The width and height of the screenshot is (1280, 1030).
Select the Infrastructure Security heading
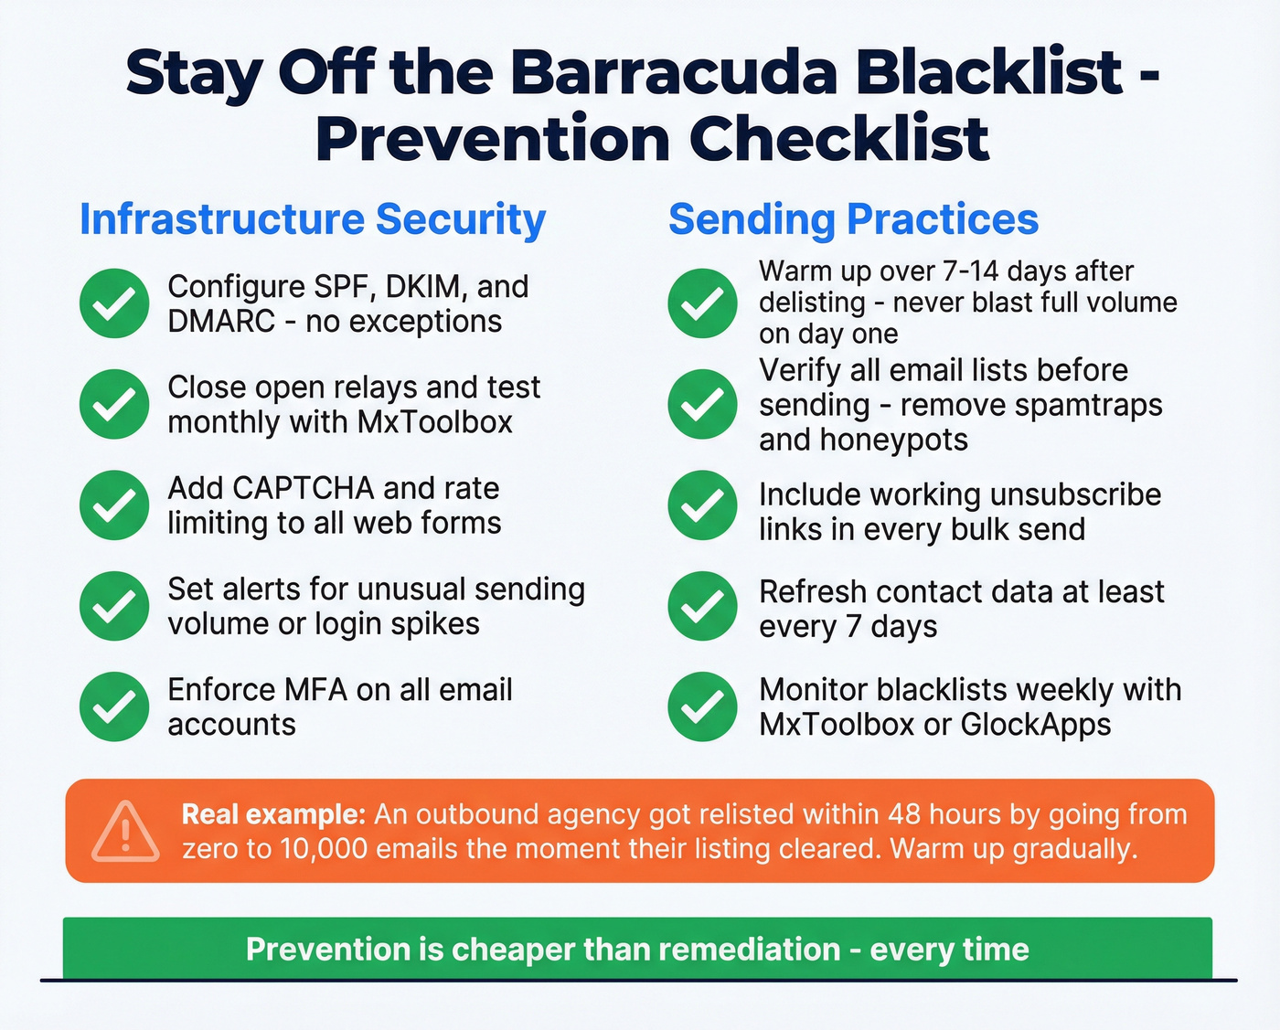pyautogui.click(x=313, y=219)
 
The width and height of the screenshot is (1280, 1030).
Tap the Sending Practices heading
pyautogui.click(x=853, y=219)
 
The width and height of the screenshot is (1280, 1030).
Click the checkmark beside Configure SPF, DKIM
pyautogui.click(x=114, y=303)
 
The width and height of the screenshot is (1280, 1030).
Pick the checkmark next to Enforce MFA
pyautogui.click(x=114, y=706)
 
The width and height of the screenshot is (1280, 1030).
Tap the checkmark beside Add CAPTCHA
pyautogui.click(x=114, y=504)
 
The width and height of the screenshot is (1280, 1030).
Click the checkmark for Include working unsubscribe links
pyautogui.click(x=702, y=504)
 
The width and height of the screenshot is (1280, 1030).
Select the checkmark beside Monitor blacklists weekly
pyautogui.click(x=702, y=706)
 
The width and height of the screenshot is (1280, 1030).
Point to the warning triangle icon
pyautogui.click(x=126, y=832)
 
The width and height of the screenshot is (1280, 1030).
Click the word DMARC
pyautogui.click(x=221, y=322)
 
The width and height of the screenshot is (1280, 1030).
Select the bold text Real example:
pyautogui.click(x=273, y=814)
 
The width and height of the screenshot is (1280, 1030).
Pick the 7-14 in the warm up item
pyautogui.click(x=964, y=271)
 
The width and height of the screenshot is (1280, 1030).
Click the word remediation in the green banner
pyautogui.click(x=750, y=950)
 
